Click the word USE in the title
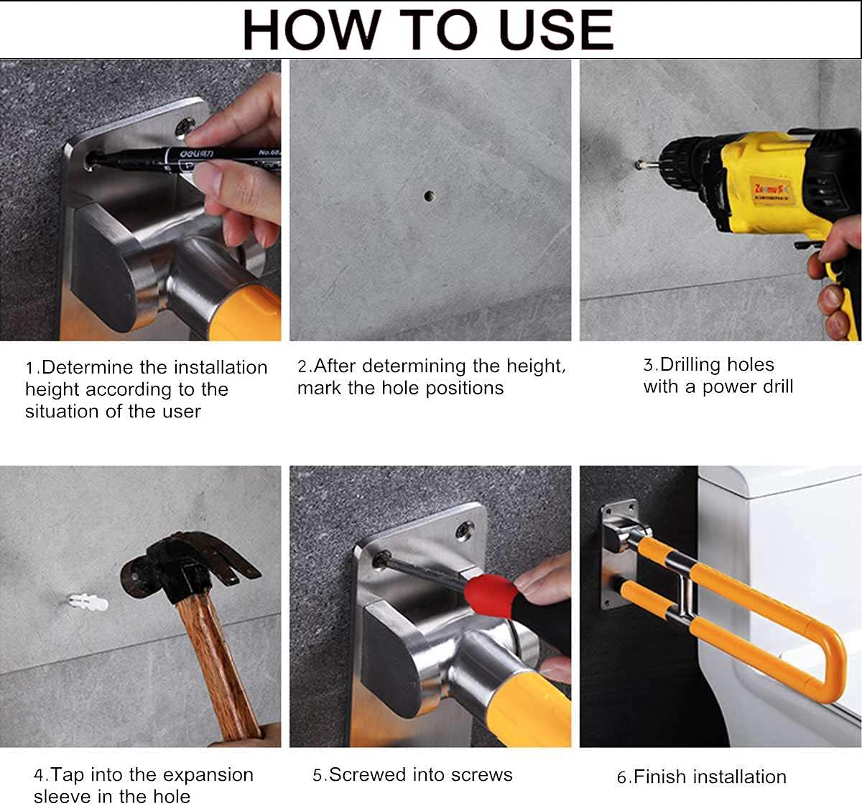point(557,30)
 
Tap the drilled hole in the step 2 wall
point(430,196)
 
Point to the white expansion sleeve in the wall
point(88,602)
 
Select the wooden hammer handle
point(219,664)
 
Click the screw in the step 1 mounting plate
point(185,127)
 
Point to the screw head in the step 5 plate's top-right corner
point(464,530)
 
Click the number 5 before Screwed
point(318,775)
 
